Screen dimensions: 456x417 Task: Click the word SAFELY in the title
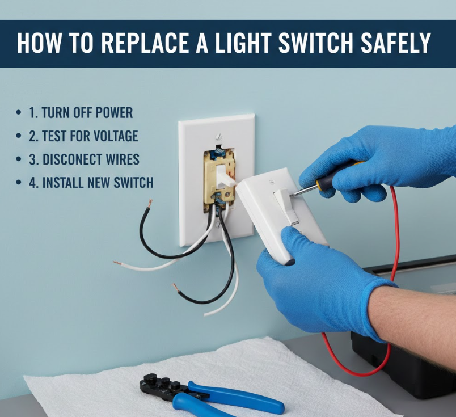395,43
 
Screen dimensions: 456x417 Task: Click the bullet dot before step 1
19,113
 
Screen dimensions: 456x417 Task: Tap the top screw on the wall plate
218,136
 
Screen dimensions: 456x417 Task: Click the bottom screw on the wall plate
218,224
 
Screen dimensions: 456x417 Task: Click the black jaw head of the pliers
162,386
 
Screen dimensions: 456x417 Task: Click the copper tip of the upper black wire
150,204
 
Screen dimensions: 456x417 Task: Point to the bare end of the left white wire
117,263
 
